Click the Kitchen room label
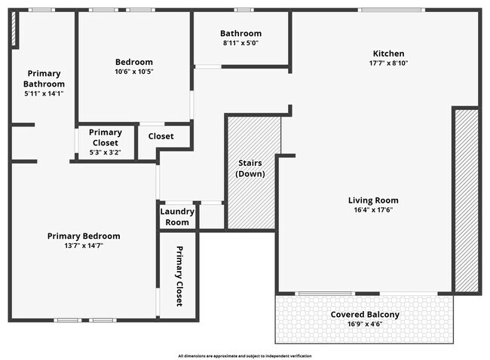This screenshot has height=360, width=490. (x=388, y=53)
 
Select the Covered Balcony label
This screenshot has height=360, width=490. (x=365, y=314)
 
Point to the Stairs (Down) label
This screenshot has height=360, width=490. (x=249, y=169)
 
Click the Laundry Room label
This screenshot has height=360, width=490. (x=177, y=217)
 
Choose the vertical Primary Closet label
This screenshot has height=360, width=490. (x=179, y=276)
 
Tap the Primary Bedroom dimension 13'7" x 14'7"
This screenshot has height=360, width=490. (x=83, y=246)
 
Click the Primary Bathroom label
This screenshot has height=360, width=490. (x=44, y=78)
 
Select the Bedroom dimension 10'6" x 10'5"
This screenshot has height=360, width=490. (x=133, y=72)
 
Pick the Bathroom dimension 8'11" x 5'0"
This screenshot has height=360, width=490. (x=240, y=43)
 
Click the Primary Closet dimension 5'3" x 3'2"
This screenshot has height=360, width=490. (x=105, y=152)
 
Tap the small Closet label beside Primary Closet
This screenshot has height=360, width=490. (x=161, y=136)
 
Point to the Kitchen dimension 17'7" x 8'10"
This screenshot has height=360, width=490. (x=388, y=63)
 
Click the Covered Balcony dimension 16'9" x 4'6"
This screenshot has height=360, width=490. (x=365, y=325)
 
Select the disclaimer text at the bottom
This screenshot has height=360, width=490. (x=244, y=355)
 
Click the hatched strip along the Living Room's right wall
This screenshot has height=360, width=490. (x=466, y=200)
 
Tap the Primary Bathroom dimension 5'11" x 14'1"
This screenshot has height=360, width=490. (x=44, y=94)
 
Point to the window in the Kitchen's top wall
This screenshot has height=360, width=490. (x=380, y=10)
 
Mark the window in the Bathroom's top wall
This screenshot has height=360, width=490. (x=242, y=10)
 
